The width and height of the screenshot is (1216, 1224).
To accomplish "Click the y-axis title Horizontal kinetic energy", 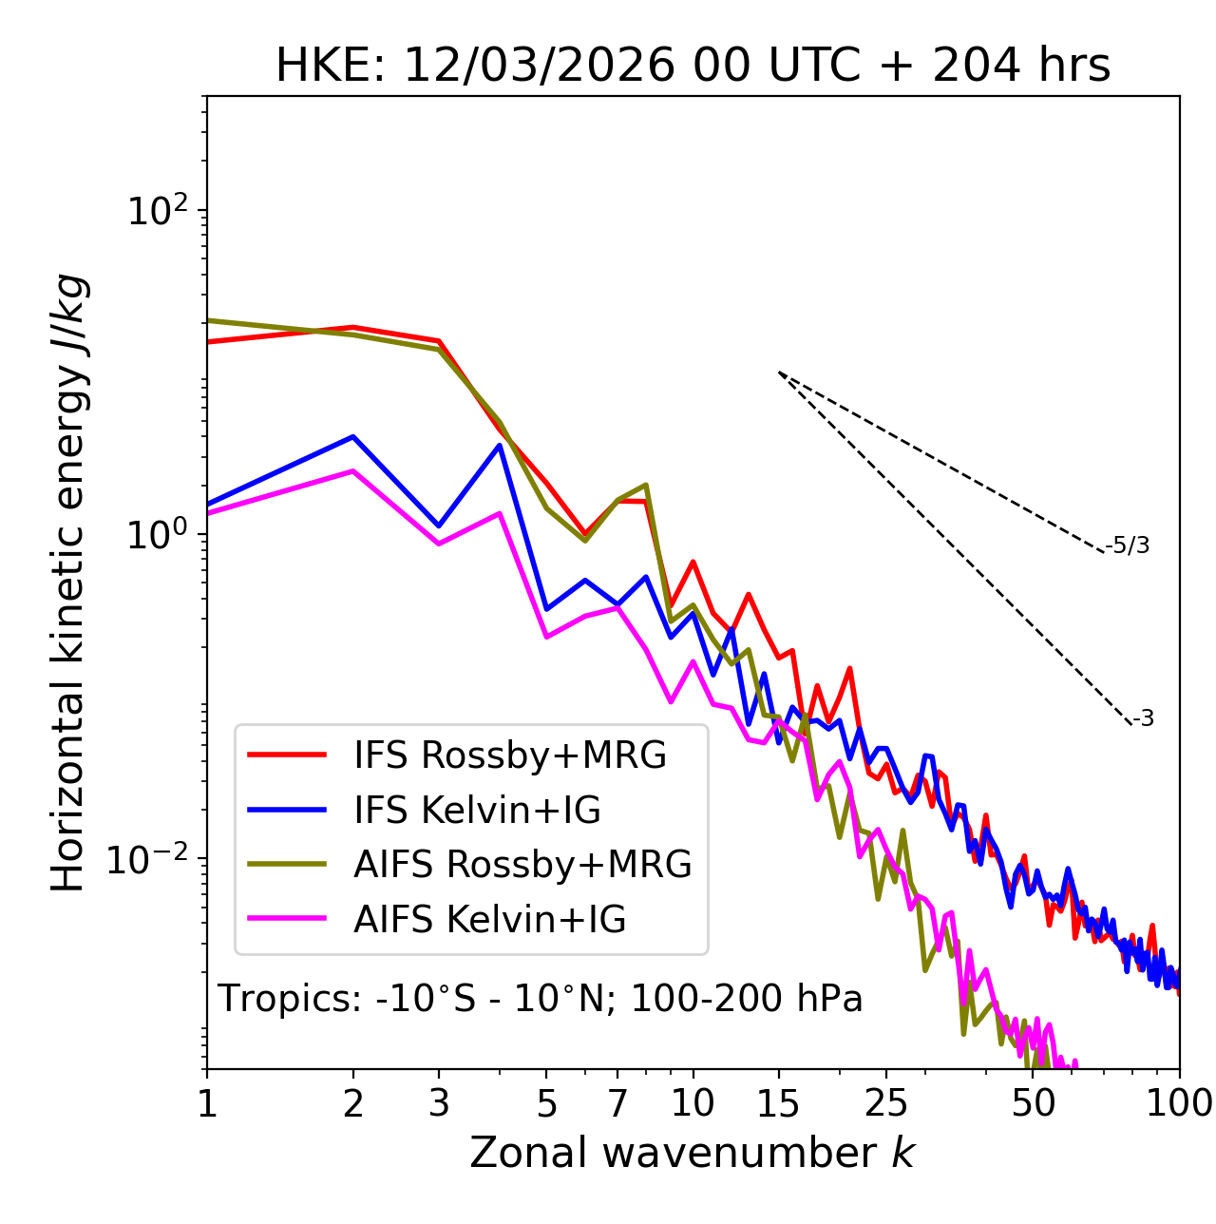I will [68, 583].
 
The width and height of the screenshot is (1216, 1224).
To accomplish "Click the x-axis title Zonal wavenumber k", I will [692, 1152].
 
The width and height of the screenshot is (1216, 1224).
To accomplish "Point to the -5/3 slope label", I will [1128, 545].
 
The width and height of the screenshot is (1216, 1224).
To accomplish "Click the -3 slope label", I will [1143, 719].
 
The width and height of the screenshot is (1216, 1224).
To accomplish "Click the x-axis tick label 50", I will [1034, 1103].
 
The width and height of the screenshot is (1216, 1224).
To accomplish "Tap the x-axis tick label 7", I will [617, 1103].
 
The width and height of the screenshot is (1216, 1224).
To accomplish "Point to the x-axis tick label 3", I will [439, 1103].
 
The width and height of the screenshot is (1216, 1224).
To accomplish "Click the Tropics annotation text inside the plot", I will [540, 999].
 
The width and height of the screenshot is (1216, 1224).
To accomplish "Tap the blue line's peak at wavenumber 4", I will [500, 445].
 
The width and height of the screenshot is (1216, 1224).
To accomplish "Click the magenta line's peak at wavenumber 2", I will [353, 470].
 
